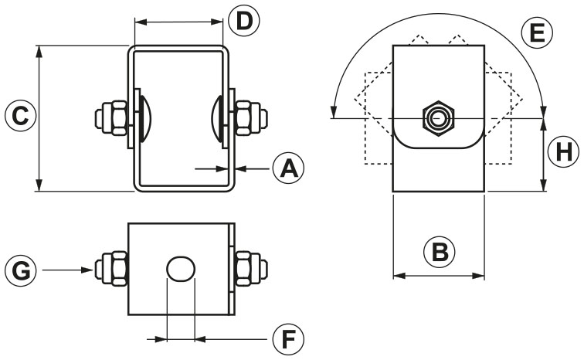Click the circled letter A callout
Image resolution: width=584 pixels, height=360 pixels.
[288, 167]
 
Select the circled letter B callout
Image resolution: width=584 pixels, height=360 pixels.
[438, 251]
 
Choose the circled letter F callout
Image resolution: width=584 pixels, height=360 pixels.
[288, 338]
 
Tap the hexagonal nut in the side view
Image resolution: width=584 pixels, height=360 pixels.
[438, 118]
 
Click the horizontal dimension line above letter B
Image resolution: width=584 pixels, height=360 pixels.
[438, 274]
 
